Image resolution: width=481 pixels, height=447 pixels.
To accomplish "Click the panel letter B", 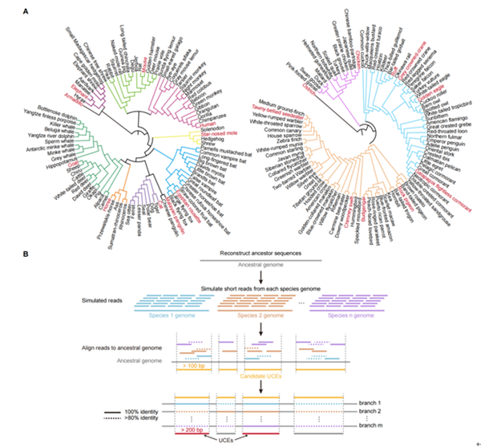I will click(x=28, y=254).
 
